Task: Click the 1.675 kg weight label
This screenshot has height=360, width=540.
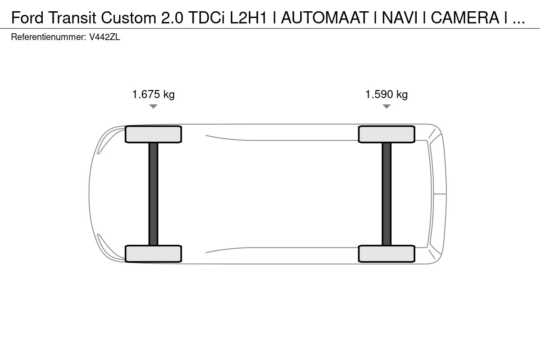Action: (x=153, y=94)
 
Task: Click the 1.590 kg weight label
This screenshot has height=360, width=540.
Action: (x=387, y=94)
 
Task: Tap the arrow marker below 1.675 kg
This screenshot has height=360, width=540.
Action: (x=153, y=106)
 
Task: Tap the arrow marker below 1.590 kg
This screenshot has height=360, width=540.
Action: (x=387, y=106)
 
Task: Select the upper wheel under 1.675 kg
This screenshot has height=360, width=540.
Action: (x=153, y=134)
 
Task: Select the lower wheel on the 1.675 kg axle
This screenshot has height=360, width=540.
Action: (x=153, y=254)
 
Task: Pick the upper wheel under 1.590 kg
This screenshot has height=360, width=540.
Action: (x=387, y=134)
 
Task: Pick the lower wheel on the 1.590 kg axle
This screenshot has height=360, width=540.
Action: (x=387, y=254)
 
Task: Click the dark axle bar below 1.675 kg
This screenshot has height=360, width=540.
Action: (x=153, y=194)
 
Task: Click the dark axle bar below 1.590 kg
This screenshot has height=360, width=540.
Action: (x=387, y=194)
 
